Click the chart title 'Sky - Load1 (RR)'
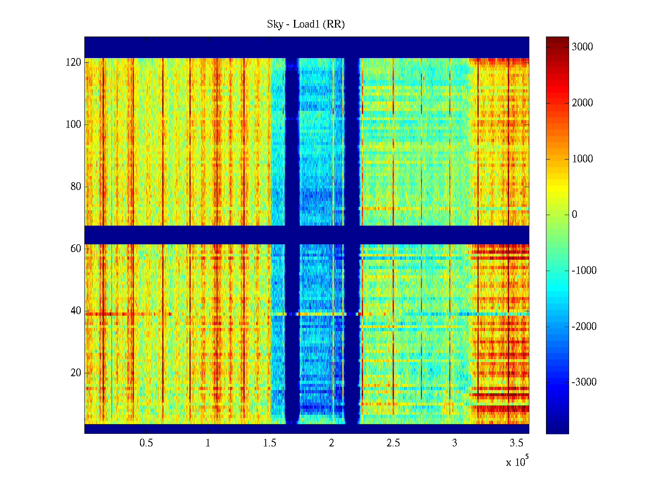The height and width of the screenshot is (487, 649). click(x=306, y=24)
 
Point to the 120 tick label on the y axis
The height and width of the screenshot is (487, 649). click(x=73, y=62)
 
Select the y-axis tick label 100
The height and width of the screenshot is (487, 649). click(x=73, y=125)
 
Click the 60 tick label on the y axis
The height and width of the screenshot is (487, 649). click(x=76, y=249)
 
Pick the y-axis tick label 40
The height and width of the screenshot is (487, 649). click(x=76, y=311)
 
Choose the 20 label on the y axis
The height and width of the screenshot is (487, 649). click(x=76, y=373)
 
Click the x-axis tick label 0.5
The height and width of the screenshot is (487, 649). click(x=146, y=443)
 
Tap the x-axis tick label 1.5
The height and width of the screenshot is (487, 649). click(x=270, y=443)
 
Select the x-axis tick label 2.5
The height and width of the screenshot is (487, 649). click(x=393, y=443)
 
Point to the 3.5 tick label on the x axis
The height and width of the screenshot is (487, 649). click(x=516, y=443)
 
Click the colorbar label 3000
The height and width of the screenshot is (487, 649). click(x=582, y=47)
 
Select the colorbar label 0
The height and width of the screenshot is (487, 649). click(x=574, y=215)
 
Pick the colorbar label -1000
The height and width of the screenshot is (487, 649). click(x=584, y=271)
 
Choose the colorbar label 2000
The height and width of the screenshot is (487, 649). click(x=582, y=103)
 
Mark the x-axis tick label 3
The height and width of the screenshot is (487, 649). click(x=455, y=443)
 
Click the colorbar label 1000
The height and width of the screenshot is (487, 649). click(x=582, y=159)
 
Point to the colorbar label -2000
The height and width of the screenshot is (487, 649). click(x=584, y=327)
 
